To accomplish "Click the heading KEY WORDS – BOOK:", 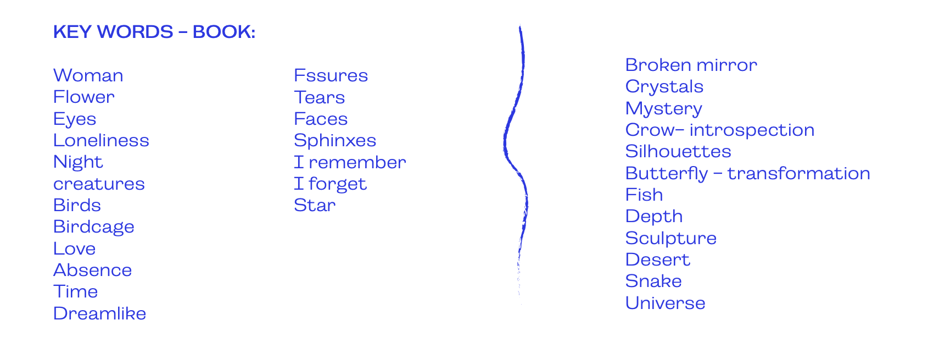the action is (154, 32).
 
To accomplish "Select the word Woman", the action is (88, 75).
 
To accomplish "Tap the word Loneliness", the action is (101, 140).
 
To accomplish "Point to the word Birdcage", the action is (94, 227).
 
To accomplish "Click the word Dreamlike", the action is (100, 313).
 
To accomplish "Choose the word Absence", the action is (93, 270).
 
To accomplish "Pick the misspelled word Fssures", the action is (331, 75).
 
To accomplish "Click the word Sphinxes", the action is (335, 140).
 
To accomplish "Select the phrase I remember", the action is (350, 162).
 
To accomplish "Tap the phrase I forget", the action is (330, 184).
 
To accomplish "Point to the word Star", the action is (315, 205).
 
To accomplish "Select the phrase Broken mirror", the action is (691, 65).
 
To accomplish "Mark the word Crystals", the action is (664, 86).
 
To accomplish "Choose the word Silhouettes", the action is (678, 151).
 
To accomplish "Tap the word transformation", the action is (798, 173).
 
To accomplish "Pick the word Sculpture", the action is (671, 238).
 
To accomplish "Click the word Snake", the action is (653, 281).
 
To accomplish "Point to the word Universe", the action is (666, 303).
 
